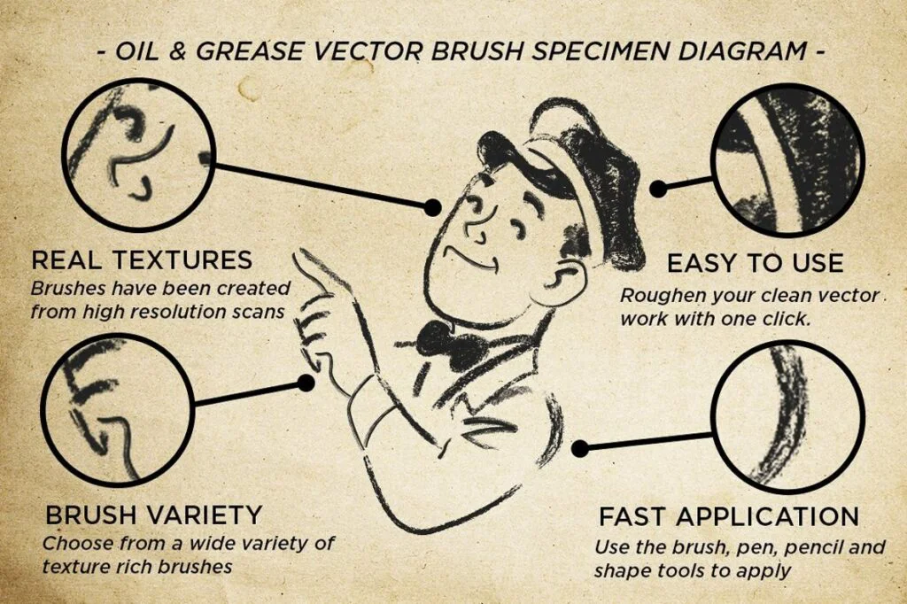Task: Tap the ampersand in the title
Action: point(177,51)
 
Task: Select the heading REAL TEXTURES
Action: point(142,260)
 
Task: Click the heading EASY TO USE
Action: point(755,263)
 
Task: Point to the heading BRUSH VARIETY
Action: point(153,515)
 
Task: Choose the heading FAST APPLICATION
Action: point(729,516)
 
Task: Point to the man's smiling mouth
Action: point(471,260)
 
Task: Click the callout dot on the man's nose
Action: point(432,207)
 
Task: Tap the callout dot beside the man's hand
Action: point(306,383)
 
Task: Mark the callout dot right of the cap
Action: point(658,189)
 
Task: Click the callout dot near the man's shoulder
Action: point(580,448)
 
